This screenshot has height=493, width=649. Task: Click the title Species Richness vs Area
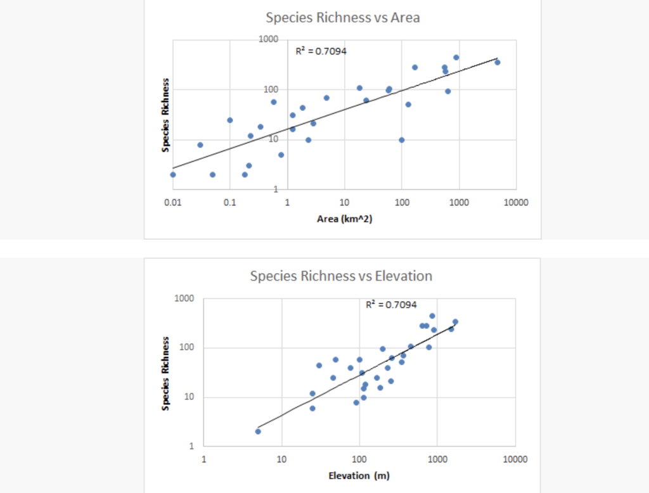click(342, 17)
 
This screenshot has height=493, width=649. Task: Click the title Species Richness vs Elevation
click(341, 276)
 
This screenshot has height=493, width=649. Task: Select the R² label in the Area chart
click(321, 51)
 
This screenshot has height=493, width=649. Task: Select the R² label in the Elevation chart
click(391, 305)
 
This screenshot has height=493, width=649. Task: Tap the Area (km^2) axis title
click(344, 219)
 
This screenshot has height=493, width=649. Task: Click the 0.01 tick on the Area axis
click(172, 202)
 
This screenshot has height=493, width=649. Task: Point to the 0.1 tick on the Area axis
click(229, 202)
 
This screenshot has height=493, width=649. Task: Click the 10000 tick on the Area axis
click(516, 202)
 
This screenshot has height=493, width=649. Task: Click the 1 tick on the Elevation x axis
click(203, 458)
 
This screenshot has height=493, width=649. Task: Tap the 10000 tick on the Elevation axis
click(513, 458)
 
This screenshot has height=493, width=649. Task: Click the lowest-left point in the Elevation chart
click(258, 432)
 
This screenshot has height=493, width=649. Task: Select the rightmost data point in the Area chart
click(498, 62)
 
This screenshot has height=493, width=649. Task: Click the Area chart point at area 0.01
click(173, 174)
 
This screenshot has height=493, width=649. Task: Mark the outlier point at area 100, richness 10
click(401, 140)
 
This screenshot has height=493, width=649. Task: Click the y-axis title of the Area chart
click(165, 115)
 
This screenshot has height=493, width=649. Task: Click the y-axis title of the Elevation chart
click(165, 373)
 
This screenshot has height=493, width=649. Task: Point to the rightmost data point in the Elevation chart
click(455, 322)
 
